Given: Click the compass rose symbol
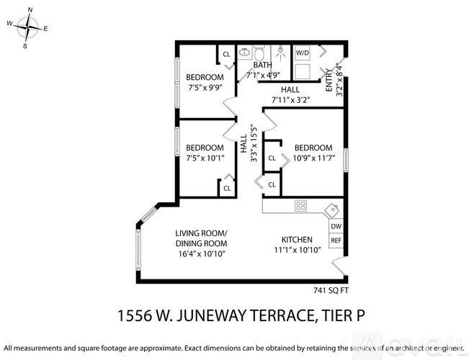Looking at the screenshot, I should [x=27, y=27].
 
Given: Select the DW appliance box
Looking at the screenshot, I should [x=336, y=226].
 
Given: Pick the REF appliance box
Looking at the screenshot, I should [x=336, y=241].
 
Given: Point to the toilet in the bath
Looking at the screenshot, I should [x=261, y=52].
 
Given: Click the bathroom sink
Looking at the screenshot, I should [x=244, y=52].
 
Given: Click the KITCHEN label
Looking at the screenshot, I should [x=297, y=240].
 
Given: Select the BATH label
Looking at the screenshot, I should [x=262, y=66].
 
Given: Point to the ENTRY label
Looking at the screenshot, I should [x=329, y=79].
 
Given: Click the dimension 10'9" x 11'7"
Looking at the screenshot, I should [x=313, y=158].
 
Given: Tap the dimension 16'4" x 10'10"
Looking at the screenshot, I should [x=201, y=253].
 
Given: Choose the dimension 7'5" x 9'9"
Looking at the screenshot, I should [x=205, y=87].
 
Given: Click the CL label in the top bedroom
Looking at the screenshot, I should [x=226, y=54].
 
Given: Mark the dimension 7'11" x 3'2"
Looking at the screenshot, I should [x=290, y=99].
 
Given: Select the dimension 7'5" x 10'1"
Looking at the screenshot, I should [x=205, y=158].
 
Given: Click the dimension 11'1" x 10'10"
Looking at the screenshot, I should [x=297, y=250].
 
